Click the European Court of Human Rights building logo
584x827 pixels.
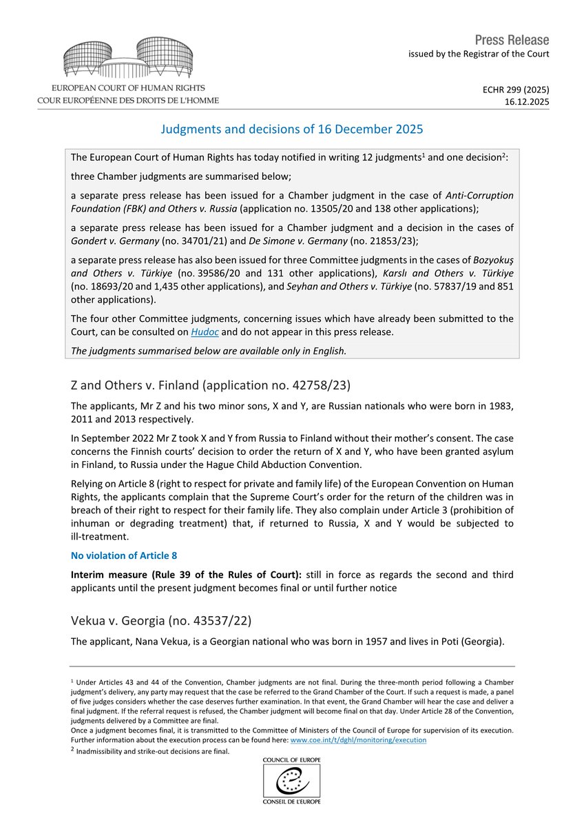[x=129, y=59]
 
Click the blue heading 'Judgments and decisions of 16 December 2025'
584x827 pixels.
[x=291, y=129]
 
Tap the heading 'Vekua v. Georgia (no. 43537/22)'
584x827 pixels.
[x=161, y=621]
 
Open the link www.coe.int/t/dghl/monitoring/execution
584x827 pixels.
[x=357, y=739]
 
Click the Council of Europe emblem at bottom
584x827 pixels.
[x=291, y=781]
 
